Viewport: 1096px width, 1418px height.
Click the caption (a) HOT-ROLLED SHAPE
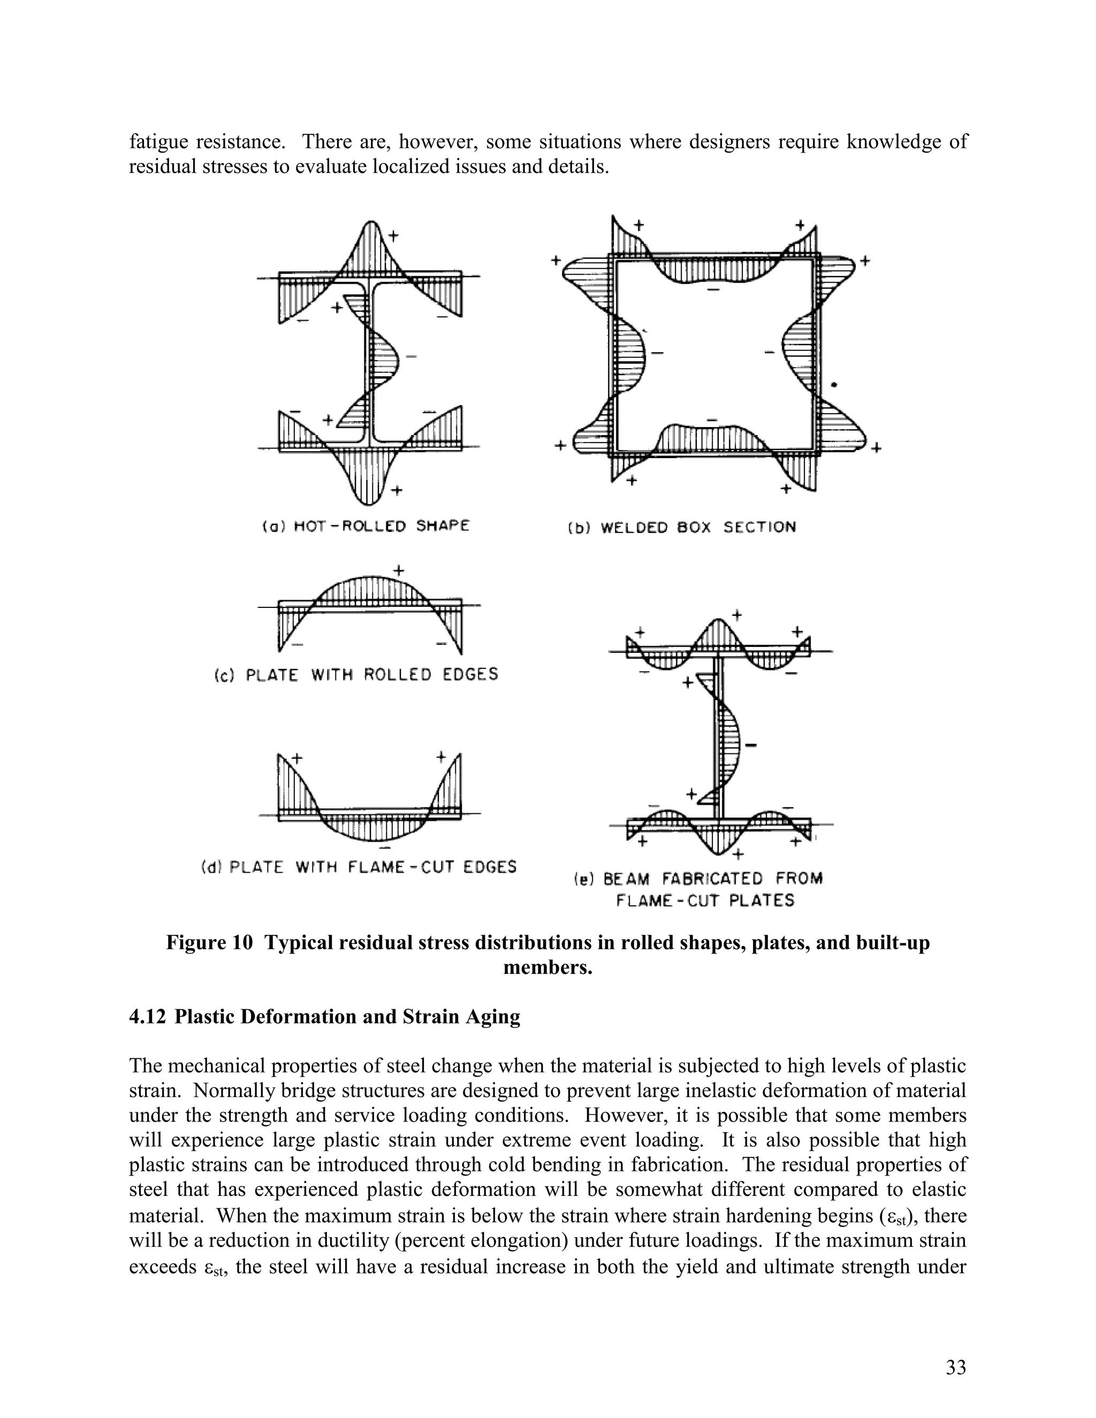[x=366, y=526]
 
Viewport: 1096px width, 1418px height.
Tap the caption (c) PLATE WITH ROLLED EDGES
[x=356, y=675]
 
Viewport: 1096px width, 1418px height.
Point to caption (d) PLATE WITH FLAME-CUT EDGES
[x=359, y=867]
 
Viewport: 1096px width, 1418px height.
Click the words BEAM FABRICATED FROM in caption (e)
[x=713, y=879]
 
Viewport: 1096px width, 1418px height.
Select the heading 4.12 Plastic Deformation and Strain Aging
[x=325, y=1017]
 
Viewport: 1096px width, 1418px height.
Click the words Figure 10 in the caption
[x=209, y=942]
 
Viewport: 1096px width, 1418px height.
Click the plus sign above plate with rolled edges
[x=399, y=571]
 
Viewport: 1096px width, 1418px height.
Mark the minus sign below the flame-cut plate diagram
[x=385, y=849]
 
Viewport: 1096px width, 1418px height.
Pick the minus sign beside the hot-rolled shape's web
[x=410, y=356]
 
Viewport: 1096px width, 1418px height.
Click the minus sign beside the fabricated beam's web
[x=752, y=745]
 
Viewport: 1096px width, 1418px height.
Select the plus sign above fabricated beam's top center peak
[x=737, y=614]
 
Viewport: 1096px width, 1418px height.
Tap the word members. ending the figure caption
[x=548, y=968]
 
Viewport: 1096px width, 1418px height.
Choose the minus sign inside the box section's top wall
[x=713, y=288]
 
